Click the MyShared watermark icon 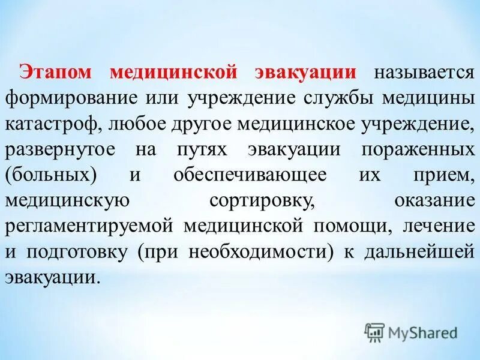coord(374,332)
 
